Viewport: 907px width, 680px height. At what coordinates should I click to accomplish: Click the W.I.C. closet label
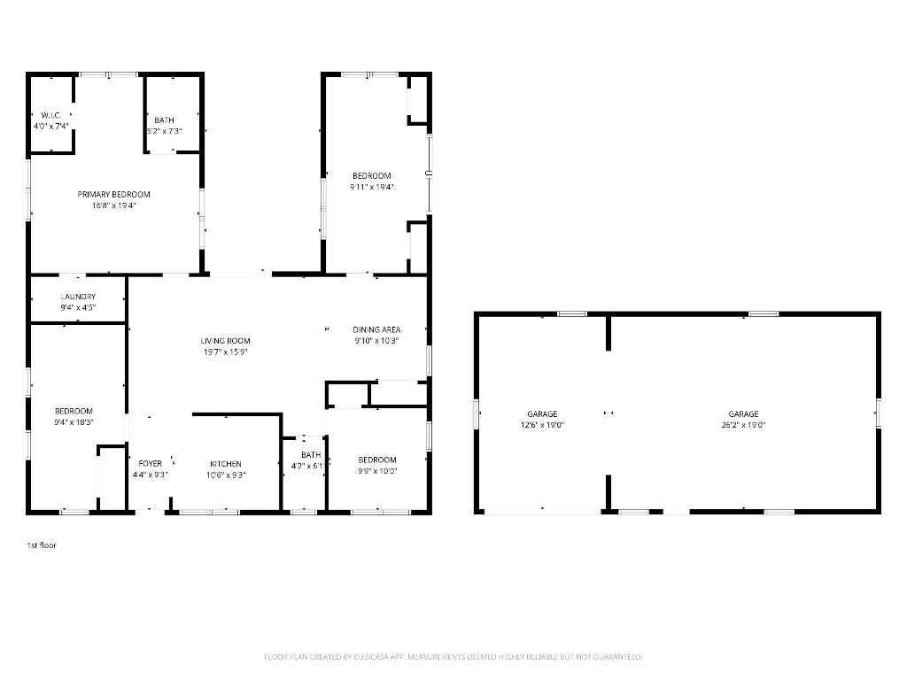[x=50, y=115]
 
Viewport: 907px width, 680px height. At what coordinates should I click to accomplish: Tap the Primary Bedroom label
[x=113, y=195]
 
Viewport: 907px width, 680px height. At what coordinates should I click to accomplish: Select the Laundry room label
[x=78, y=297]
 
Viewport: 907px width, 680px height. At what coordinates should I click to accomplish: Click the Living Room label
[x=225, y=341]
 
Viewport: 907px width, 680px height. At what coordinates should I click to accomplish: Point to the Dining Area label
[x=376, y=330]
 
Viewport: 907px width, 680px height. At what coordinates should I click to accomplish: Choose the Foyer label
[x=150, y=464]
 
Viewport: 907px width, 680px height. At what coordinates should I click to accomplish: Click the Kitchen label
[x=225, y=464]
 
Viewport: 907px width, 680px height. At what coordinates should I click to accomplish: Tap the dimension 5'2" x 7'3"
[x=164, y=131]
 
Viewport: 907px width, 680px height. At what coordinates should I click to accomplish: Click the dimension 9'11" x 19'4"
[x=371, y=187]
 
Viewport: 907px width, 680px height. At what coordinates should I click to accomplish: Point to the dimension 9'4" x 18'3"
[x=74, y=422]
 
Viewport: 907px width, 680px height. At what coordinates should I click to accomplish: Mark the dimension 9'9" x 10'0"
[x=376, y=471]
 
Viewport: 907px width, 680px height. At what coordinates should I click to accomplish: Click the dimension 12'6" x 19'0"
[x=542, y=425]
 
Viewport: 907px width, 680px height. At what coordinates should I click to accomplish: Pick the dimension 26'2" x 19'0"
[x=743, y=425]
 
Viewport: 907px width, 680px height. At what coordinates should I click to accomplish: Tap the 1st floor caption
[x=41, y=545]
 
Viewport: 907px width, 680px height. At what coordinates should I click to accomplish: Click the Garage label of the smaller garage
[x=542, y=414]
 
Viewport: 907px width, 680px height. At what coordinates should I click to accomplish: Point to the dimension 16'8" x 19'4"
[x=113, y=205]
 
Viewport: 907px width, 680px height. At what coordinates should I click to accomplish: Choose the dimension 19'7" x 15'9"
[x=225, y=352]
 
